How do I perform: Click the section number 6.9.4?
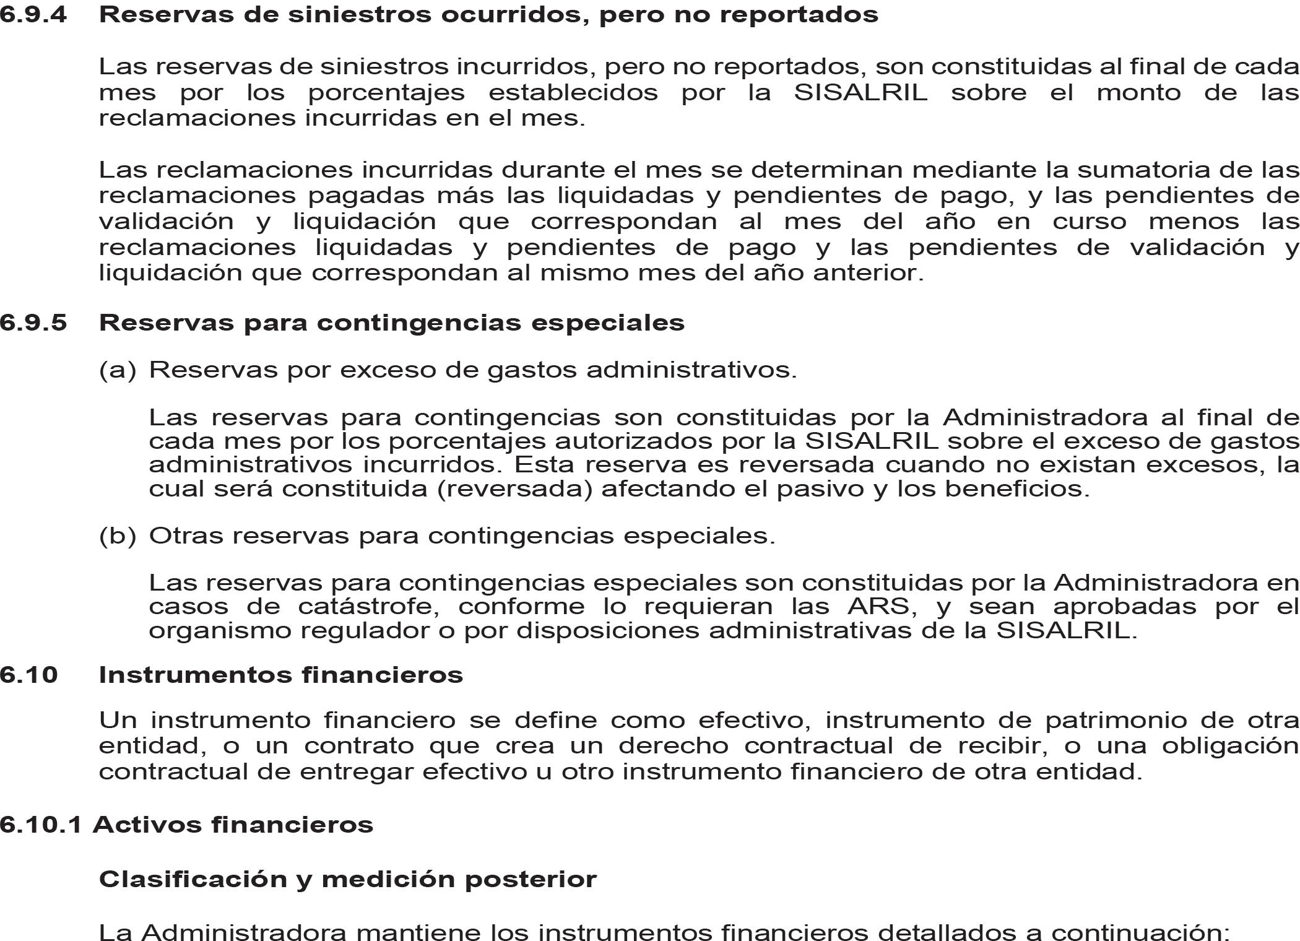[33, 14]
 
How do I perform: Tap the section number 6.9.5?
[33, 323]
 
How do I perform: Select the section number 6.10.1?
[41, 825]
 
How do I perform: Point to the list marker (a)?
[117, 370]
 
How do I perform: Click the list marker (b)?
[117, 536]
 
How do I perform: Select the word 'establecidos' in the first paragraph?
[573, 93]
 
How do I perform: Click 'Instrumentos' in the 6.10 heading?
[196, 675]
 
